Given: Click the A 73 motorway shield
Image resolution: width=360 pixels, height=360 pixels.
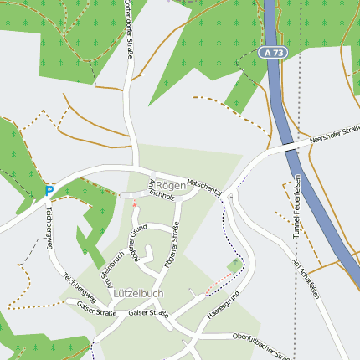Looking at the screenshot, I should point(270,52).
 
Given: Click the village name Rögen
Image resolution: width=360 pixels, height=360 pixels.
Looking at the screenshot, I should point(170,185).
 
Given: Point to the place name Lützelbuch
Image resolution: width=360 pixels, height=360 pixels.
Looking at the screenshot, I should point(138,294).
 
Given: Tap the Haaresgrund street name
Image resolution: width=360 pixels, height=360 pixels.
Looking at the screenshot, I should point(224,306).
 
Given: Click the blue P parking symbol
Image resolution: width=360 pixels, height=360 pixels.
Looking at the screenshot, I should point(49,191).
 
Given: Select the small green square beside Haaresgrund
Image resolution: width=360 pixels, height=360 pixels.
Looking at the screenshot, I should point(235,265).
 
